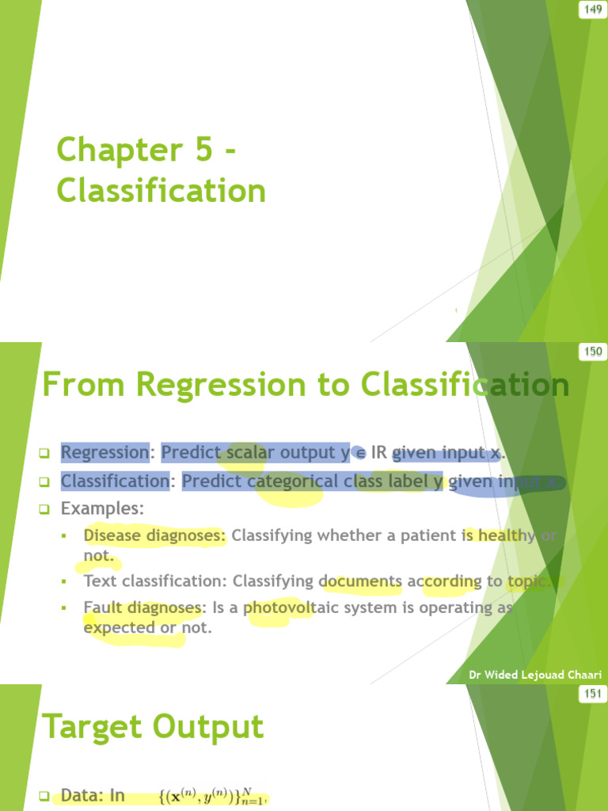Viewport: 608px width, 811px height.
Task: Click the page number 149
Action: pyautogui.click(x=593, y=10)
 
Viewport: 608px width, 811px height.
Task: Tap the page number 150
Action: pyautogui.click(x=593, y=352)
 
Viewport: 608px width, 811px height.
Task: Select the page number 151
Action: pyautogui.click(x=593, y=695)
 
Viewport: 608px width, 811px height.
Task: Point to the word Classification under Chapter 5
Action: pyautogui.click(x=161, y=191)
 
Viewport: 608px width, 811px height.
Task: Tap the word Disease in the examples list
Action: pyautogui.click(x=112, y=535)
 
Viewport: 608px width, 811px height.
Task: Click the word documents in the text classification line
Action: pyautogui.click(x=361, y=581)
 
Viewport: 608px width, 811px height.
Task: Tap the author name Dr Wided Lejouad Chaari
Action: pyautogui.click(x=535, y=675)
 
